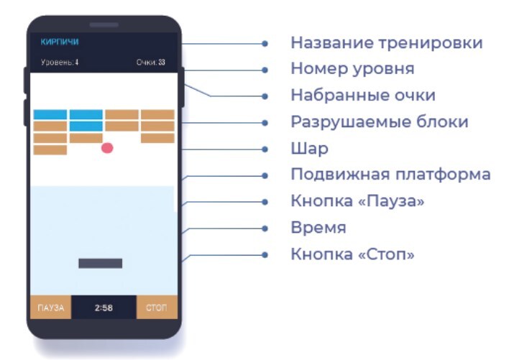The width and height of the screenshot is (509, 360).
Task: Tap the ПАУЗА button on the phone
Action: coord(50,308)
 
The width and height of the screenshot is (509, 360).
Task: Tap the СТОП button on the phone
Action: coord(157,308)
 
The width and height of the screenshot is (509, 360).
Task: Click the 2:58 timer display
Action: coord(104,308)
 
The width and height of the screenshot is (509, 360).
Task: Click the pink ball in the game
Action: coord(107,148)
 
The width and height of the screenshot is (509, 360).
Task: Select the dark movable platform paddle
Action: coord(100,263)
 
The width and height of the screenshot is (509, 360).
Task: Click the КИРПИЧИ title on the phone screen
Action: coord(60,42)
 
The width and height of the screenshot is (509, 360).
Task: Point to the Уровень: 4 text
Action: coord(60,63)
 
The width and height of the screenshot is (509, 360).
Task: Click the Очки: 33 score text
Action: coord(151,63)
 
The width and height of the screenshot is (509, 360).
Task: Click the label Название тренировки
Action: coord(386,43)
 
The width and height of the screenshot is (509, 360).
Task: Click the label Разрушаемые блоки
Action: coord(380,122)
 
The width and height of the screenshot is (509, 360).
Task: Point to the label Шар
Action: coord(309,149)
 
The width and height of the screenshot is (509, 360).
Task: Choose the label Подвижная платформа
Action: coord(390,175)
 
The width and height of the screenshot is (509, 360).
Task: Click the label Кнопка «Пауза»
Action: coord(357,201)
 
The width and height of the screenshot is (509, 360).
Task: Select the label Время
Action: coord(318,228)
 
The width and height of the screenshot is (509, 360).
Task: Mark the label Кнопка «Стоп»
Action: coord(352,254)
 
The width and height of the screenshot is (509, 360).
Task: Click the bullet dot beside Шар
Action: coord(265,149)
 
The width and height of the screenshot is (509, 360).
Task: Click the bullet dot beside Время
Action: coord(265,229)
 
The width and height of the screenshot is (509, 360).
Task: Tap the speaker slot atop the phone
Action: coord(104,25)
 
